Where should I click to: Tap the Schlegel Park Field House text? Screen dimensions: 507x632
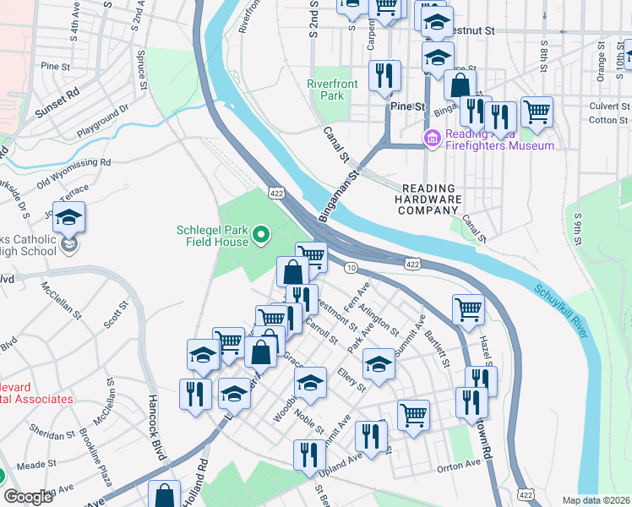click(x=212, y=235)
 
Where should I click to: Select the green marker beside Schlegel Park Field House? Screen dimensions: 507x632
click(x=261, y=234)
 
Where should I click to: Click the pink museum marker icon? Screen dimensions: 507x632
click(x=432, y=137)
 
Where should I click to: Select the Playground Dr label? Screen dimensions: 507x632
click(x=102, y=121)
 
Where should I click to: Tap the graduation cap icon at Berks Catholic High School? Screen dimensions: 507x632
click(x=68, y=219)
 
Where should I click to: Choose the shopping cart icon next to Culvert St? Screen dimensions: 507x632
click(x=537, y=111)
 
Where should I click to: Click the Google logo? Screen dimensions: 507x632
click(x=28, y=497)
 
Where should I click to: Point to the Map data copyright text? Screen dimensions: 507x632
click(x=595, y=499)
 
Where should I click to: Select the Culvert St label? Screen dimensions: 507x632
click(x=591, y=106)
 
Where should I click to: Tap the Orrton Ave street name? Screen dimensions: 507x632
click(x=459, y=466)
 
